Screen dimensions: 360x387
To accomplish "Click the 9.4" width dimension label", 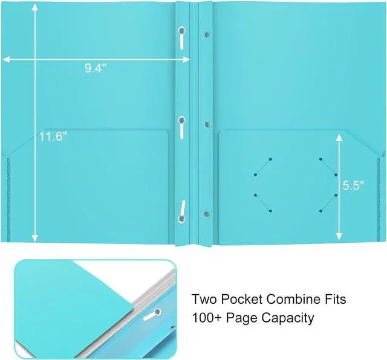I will pos(96,68).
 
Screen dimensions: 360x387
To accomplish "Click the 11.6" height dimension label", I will pos(53,137).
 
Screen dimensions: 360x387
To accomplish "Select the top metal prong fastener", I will pos(182,39).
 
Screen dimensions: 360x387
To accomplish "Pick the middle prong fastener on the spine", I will pos(181,127).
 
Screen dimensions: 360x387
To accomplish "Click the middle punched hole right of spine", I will pos(206,124).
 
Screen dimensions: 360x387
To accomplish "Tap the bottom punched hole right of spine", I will pos(206,213).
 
